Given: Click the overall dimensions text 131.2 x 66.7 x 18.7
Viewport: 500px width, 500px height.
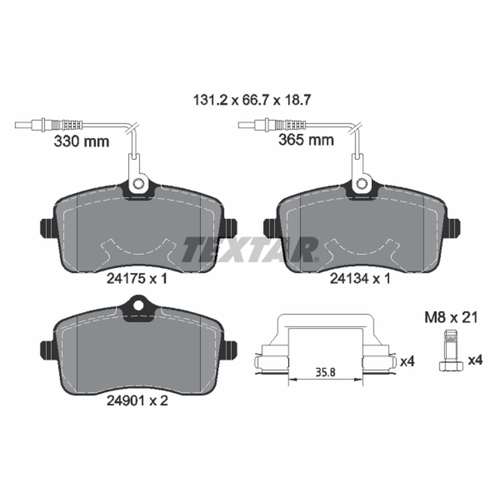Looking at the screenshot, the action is pos(252,101).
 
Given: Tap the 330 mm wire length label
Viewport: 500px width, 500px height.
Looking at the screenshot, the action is pos(82,141).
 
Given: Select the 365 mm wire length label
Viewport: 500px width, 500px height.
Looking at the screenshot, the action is pos(306,140).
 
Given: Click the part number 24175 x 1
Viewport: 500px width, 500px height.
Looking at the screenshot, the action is pos(137,279).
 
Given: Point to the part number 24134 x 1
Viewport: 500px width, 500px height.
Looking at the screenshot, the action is pos(360,279).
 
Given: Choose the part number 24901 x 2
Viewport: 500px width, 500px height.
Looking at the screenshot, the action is pos(137,401).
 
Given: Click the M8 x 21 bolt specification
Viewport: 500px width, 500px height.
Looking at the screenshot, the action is pos(451,317).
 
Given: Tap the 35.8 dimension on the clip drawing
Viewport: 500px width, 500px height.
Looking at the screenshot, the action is pos(325,372).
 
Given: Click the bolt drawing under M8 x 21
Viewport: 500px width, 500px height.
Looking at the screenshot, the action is pos(451,351).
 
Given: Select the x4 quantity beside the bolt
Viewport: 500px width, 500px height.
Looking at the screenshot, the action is pos(475,361).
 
